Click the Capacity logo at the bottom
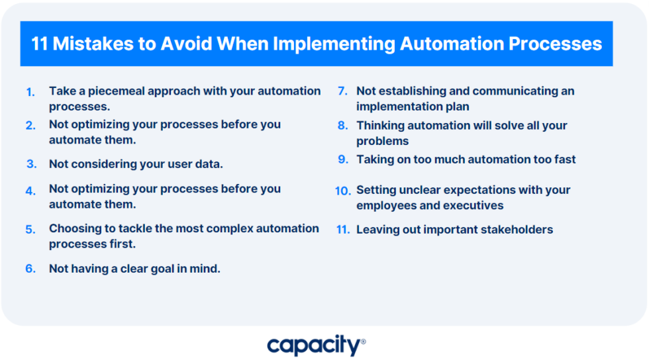click(317, 345)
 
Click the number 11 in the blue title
click(40, 44)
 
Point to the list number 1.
click(30, 92)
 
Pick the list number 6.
click(30, 269)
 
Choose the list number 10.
click(343, 191)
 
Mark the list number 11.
click(343, 230)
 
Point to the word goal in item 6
click(162, 269)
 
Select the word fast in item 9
click(563, 159)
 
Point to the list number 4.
click(30, 191)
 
